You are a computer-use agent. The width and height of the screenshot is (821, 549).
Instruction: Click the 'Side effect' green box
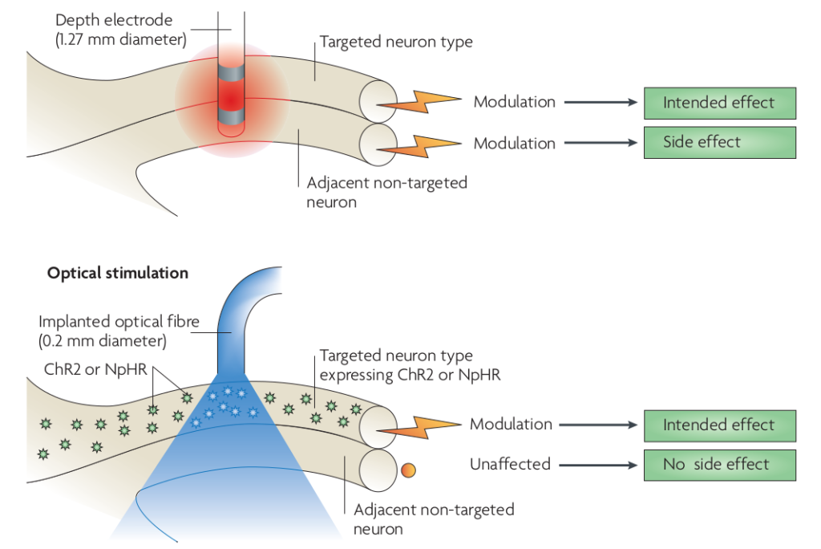pyautogui.click(x=719, y=142)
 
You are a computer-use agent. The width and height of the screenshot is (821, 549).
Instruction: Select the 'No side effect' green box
pyautogui.click(x=719, y=465)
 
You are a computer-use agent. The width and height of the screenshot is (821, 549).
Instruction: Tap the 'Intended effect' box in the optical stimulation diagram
pyautogui.click(x=719, y=425)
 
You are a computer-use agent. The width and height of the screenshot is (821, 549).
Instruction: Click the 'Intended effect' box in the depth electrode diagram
pyautogui.click(x=719, y=103)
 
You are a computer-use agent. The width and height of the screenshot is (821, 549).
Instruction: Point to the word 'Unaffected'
pyautogui.click(x=511, y=464)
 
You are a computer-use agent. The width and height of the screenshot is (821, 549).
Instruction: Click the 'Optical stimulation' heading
pyautogui.click(x=118, y=273)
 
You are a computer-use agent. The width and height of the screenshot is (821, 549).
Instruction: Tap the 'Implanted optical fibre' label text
pyautogui.click(x=117, y=323)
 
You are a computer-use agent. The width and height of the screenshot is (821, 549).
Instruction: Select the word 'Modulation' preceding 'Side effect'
pyautogui.click(x=514, y=144)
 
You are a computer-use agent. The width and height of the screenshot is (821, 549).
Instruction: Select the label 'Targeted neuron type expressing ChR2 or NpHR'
pyautogui.click(x=410, y=364)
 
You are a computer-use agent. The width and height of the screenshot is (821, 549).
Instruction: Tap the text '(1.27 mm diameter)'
pyautogui.click(x=121, y=39)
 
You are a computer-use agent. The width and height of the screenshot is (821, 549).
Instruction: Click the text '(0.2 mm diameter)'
pyautogui.click(x=103, y=342)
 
